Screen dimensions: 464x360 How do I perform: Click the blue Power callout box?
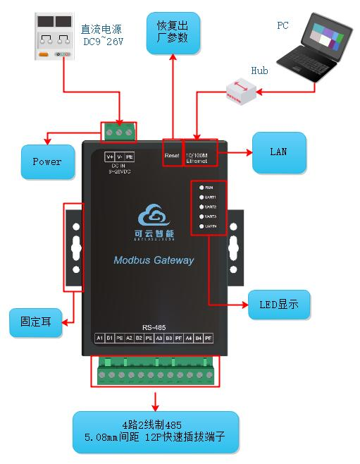click(x=47, y=161)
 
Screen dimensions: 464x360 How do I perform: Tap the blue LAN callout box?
click(x=279, y=152)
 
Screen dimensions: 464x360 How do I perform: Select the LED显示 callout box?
click(x=279, y=305)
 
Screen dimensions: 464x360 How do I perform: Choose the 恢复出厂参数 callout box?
click(x=173, y=32)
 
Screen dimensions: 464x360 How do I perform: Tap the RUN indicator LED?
click(x=201, y=188)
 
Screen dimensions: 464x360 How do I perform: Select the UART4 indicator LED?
click(x=201, y=226)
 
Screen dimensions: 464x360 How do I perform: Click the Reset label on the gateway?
click(x=172, y=155)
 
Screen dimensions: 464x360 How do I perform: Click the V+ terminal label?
click(x=109, y=156)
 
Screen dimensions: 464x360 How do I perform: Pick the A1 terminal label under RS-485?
click(x=99, y=338)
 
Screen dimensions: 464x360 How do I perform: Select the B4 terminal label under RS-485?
click(x=198, y=338)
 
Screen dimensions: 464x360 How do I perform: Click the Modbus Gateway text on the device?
click(x=154, y=260)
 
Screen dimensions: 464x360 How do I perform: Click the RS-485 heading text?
click(x=153, y=326)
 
